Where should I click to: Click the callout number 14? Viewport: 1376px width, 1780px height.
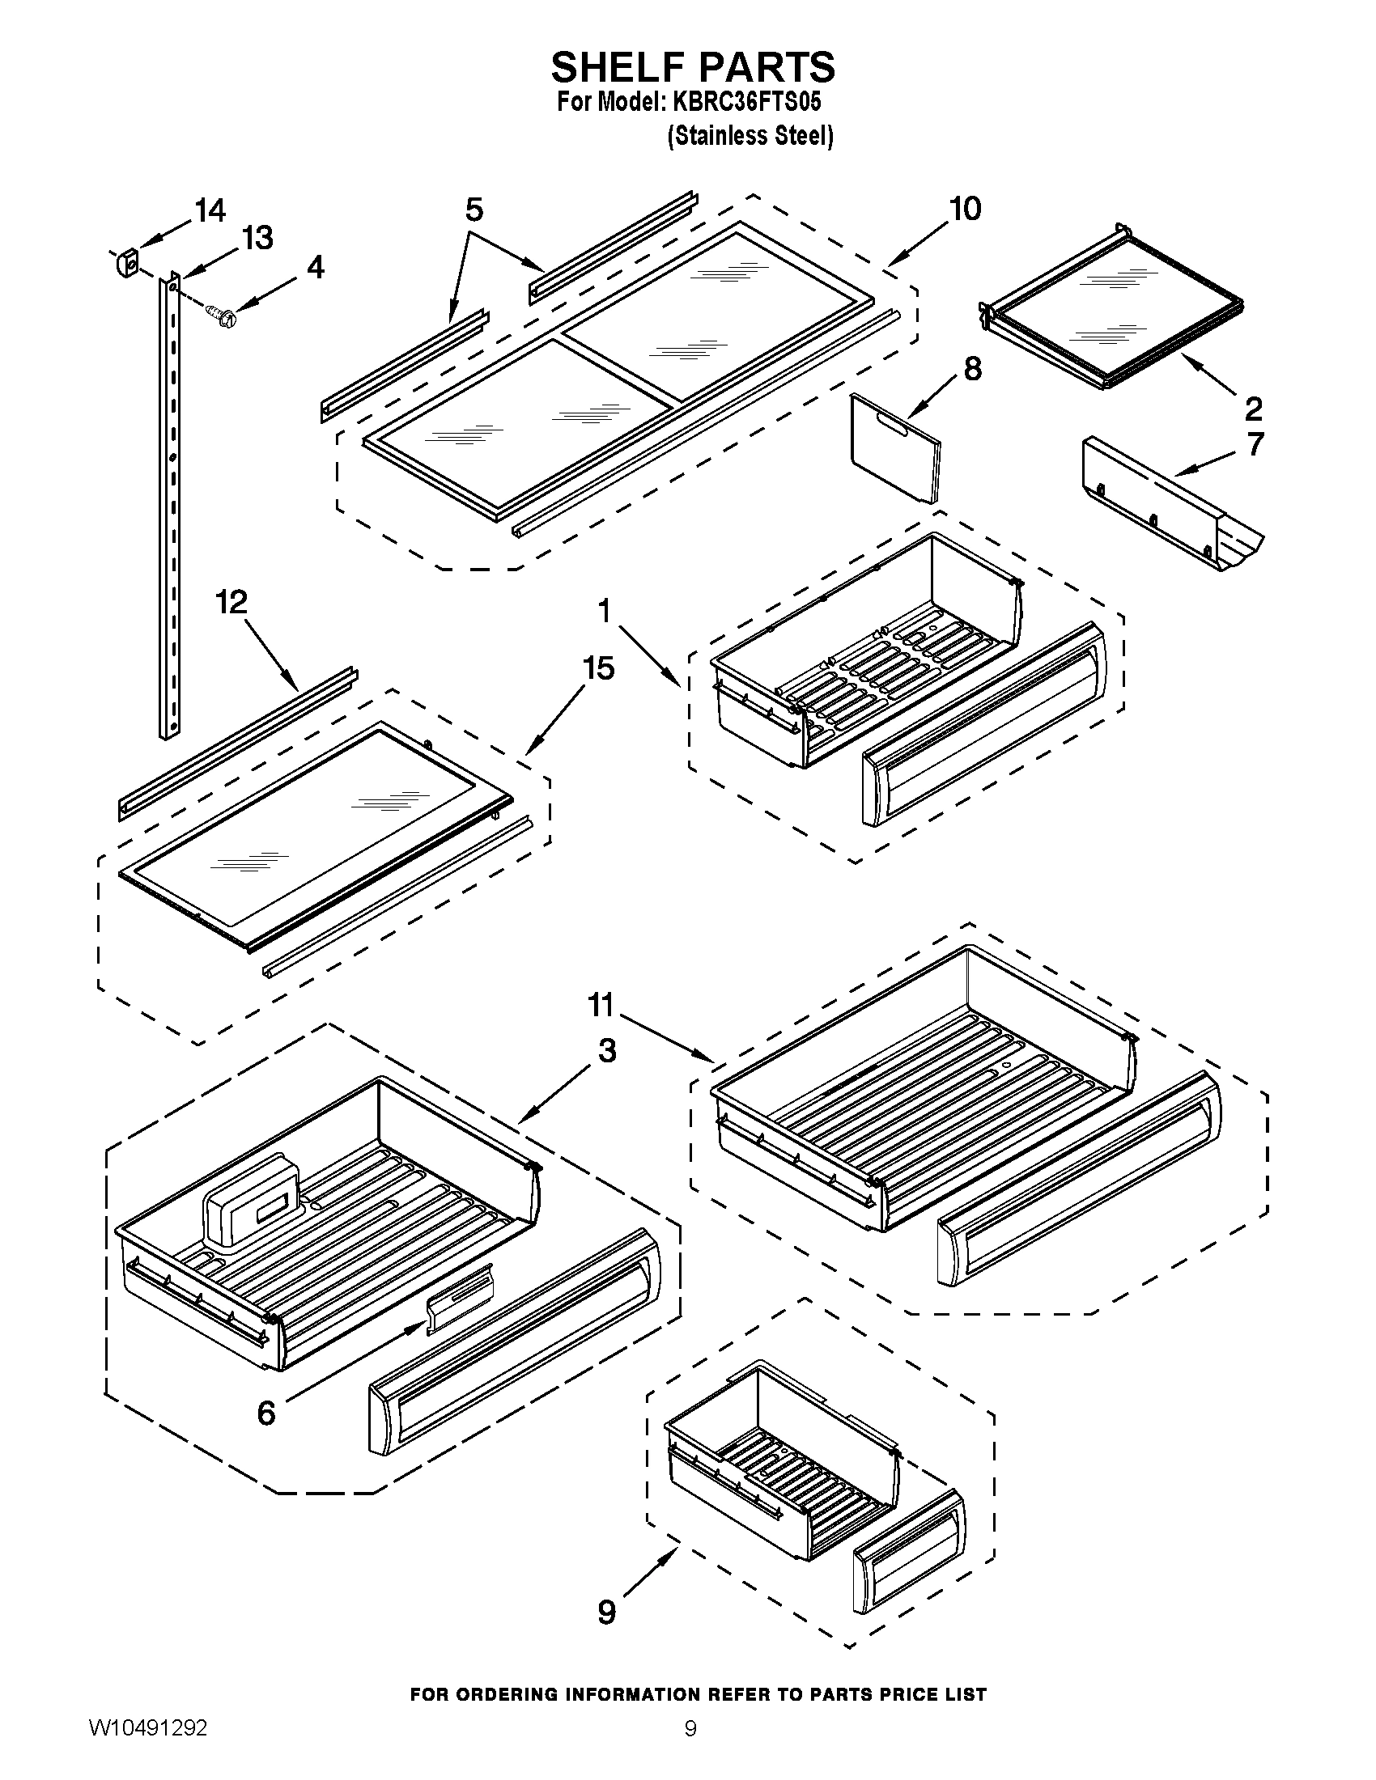coord(210,211)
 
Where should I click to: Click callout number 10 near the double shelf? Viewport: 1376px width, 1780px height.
coord(965,210)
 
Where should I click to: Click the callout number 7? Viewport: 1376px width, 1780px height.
coord(1255,444)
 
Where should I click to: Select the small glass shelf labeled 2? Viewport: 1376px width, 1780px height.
coord(1113,310)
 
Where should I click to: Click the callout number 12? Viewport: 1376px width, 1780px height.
coord(231,602)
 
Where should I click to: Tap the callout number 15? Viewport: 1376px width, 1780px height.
coord(598,668)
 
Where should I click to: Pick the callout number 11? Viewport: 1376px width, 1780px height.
coord(601,1005)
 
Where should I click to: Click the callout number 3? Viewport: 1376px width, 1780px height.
coord(606,1050)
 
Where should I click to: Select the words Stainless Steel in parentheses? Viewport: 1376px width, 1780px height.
coord(750,135)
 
